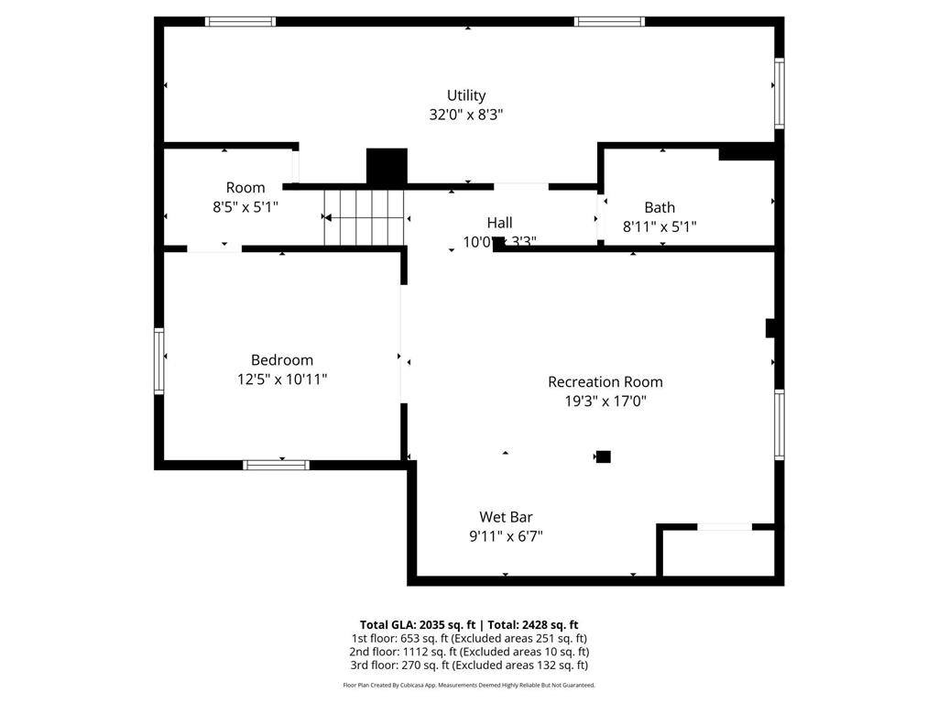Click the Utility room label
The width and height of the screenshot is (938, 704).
[x=466, y=95]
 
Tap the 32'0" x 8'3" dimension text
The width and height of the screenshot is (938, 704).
[x=466, y=115]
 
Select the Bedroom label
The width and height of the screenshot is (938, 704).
[x=282, y=360]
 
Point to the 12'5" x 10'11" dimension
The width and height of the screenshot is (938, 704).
[x=282, y=379]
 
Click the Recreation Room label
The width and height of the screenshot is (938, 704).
[x=605, y=381]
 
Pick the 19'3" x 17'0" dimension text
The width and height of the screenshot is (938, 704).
[x=605, y=401]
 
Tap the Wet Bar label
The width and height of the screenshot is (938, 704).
[x=506, y=517]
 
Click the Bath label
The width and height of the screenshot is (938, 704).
[x=660, y=207]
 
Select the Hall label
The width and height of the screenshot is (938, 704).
[x=499, y=223]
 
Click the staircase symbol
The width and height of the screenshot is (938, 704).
[x=365, y=217]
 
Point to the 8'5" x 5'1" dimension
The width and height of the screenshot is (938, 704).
[x=245, y=207]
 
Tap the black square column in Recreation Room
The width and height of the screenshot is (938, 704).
[x=603, y=456]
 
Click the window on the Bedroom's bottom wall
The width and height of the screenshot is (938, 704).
[x=276, y=465]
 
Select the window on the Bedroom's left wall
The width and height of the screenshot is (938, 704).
[x=158, y=360]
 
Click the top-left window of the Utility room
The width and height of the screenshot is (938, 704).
[x=240, y=21]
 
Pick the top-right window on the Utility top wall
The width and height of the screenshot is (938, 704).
[x=609, y=21]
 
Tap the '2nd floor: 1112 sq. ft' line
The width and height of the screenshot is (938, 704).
[x=468, y=652]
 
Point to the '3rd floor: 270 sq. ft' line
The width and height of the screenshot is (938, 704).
[x=468, y=665]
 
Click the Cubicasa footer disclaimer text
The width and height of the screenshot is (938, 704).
[x=468, y=685]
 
